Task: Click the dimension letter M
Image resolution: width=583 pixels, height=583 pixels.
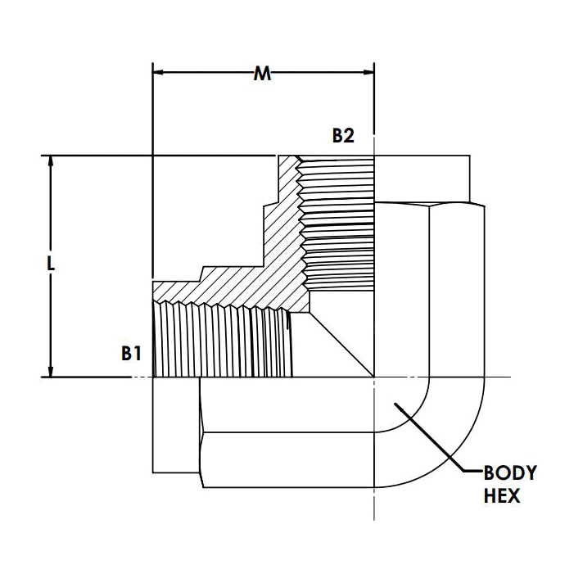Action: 262,74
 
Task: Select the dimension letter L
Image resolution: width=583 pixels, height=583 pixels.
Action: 51,264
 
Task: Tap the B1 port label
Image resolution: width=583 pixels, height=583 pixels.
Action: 132,354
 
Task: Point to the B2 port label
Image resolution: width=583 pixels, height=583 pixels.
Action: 342,136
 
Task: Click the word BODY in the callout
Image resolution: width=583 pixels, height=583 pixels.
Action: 510,472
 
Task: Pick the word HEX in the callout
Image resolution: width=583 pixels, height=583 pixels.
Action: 501,495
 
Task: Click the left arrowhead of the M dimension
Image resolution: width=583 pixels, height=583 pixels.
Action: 160,72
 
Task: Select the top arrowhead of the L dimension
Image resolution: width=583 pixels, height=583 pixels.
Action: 52,162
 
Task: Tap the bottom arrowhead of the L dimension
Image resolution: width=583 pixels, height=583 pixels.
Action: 52,370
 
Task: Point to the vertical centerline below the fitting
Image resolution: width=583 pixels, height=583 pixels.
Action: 374,504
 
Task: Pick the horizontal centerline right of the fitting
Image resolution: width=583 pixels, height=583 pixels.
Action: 491,377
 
